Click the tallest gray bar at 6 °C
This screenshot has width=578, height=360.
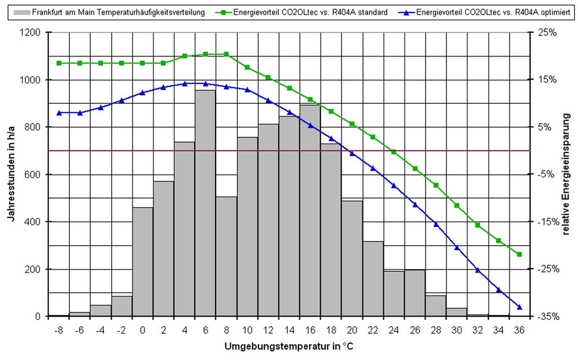(205, 203)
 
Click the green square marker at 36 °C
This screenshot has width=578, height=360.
(519, 254)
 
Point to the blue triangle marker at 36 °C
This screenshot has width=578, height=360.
(519, 307)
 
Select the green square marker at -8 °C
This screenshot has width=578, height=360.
(59, 63)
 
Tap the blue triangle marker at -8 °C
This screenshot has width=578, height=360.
(59, 113)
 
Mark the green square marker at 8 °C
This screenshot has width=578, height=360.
(226, 54)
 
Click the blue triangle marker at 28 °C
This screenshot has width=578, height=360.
(436, 224)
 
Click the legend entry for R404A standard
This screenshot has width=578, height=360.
(310, 12)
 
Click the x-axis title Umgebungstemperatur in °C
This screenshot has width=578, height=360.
(289, 345)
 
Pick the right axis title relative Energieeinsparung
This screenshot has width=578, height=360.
(566, 175)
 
